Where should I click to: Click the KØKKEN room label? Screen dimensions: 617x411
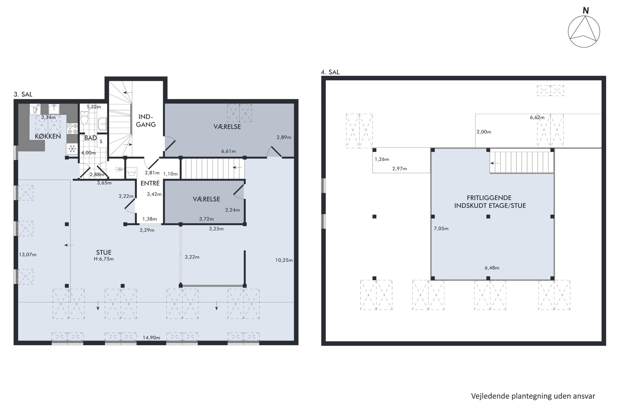pos(48,136)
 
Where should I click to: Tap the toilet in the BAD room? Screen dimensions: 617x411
pos(84,118)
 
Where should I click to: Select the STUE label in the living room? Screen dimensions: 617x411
pos(104,252)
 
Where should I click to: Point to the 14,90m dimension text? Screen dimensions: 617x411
pos(151,338)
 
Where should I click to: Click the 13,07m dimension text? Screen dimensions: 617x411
pos(28,255)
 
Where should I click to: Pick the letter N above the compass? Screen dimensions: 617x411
pos(586,11)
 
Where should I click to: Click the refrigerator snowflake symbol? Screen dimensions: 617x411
pos(72,149)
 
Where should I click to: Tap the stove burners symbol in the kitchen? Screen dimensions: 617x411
pos(72,129)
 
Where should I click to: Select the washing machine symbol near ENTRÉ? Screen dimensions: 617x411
pos(131,173)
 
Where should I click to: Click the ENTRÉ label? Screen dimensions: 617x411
pos(150,183)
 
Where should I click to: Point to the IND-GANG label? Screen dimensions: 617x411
pos(146,121)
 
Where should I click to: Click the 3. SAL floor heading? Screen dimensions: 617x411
pos(23,94)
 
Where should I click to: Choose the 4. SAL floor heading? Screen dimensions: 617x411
pos(330,72)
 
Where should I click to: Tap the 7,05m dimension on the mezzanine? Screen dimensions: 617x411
pos(441,229)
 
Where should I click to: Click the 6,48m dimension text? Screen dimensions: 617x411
pos(492,268)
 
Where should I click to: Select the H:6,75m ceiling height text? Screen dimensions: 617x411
pos(104,259)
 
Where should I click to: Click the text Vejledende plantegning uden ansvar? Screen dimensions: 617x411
pos(533,396)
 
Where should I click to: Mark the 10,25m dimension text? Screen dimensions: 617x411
pos(284,260)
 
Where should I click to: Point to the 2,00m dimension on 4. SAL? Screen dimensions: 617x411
pos(484,132)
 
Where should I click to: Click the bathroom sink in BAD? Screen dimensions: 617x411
pos(102,124)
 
